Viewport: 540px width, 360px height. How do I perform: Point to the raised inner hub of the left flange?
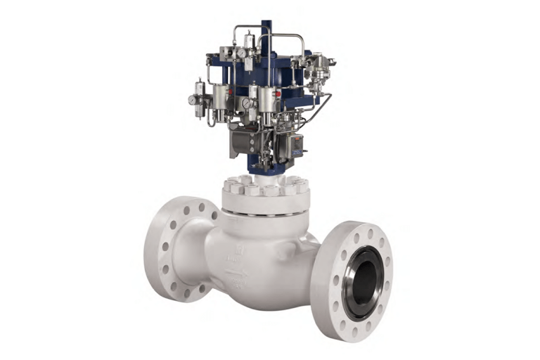(x=184, y=250)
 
